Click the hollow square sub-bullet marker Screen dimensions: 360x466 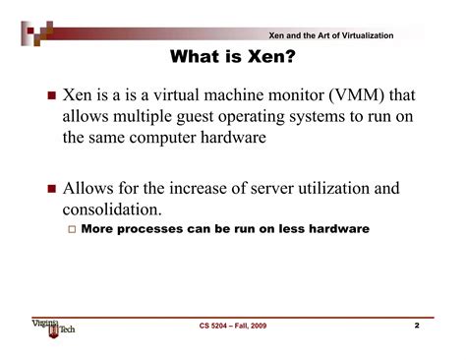[x=71, y=229]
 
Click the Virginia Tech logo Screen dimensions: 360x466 [x=53, y=325]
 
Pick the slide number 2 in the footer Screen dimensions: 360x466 [x=416, y=324]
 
